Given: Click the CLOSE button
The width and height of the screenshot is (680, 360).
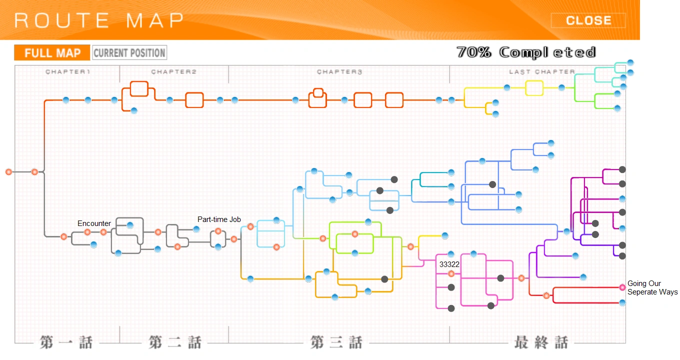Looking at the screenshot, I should point(588,20).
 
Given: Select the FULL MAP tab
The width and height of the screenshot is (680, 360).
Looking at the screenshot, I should point(52,53).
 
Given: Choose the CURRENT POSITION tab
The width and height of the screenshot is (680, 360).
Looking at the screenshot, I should point(129,53).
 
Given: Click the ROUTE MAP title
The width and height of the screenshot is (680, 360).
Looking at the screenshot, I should point(98,20).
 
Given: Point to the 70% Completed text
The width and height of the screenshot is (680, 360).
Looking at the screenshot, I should point(526,52).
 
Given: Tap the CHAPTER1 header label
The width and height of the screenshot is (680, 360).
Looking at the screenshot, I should point(68,72).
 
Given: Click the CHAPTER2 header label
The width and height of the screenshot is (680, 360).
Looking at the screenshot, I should point(174,72).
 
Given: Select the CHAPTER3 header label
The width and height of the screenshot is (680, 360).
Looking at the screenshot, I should point(339,72).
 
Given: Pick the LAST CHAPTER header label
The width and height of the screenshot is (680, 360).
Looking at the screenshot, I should point(542,72).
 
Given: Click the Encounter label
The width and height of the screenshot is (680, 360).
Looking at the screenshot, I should point(94,223).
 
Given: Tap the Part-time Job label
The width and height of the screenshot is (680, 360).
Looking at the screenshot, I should point(219,219).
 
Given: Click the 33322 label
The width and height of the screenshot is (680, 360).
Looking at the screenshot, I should point(449,265).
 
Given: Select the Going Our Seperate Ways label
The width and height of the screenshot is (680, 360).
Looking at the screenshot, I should point(652,288).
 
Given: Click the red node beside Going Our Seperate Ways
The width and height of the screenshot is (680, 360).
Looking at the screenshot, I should point(622,287).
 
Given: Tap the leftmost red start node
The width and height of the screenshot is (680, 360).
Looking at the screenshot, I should point(8,172).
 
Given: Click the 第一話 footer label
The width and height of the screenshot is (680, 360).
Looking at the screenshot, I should point(66,342).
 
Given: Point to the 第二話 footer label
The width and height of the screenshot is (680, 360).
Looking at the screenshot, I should point(174,342).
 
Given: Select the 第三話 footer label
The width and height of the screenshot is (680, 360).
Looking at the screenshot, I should point(336,342).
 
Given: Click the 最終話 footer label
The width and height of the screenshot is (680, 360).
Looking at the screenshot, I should point(541,342).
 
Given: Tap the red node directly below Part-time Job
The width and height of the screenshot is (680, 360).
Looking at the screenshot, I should point(218,231).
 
